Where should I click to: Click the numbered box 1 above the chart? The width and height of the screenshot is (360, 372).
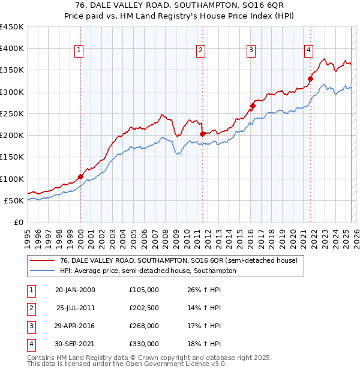pyautogui.click(x=79, y=50)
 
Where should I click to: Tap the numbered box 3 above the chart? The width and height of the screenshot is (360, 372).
pyautogui.click(x=251, y=50)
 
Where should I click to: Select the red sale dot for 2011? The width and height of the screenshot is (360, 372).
pyautogui.click(x=202, y=134)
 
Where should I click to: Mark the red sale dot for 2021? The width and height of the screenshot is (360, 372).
pyautogui.click(x=311, y=79)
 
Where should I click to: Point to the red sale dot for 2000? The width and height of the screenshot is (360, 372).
pyautogui.click(x=80, y=176)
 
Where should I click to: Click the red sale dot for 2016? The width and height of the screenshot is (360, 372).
pyautogui.click(x=253, y=106)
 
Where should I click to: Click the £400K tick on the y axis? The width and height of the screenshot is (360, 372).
pyautogui.click(x=12, y=49)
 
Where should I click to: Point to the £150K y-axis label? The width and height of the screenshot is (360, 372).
pyautogui.click(x=12, y=157)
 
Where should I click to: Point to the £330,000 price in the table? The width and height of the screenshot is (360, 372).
pyautogui.click(x=144, y=344)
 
